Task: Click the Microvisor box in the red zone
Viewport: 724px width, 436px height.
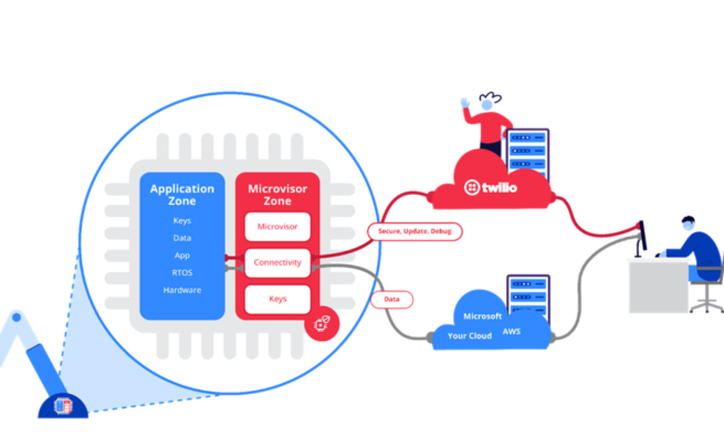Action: pos(277,227)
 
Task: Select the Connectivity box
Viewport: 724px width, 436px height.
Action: pos(277,262)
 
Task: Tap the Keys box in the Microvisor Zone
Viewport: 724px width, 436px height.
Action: pos(277,299)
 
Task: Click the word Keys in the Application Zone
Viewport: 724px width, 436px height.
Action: pos(182,221)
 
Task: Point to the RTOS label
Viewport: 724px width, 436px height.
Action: pos(182,273)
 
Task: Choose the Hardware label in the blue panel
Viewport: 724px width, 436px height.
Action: pos(182,290)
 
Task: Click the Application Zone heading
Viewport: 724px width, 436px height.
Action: pos(182,195)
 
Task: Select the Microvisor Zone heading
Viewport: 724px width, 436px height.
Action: pos(277,195)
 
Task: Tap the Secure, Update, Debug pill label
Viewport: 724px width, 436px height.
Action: pos(414,231)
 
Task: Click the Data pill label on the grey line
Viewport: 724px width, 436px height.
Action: pos(391,299)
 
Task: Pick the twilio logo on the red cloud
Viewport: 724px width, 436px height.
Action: pos(491,187)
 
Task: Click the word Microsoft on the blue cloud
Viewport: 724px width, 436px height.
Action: pos(482,317)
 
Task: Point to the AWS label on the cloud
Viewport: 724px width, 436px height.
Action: pos(511,332)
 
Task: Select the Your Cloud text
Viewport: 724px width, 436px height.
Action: pos(470,336)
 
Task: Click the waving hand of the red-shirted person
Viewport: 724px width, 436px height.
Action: pos(465,103)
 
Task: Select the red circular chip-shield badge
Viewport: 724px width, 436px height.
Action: pos(322,324)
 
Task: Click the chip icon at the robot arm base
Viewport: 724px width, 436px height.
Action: pos(63,406)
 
